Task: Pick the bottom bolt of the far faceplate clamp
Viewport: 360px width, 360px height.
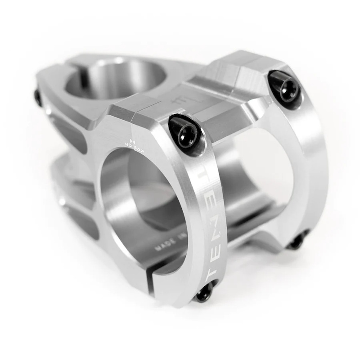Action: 297,242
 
